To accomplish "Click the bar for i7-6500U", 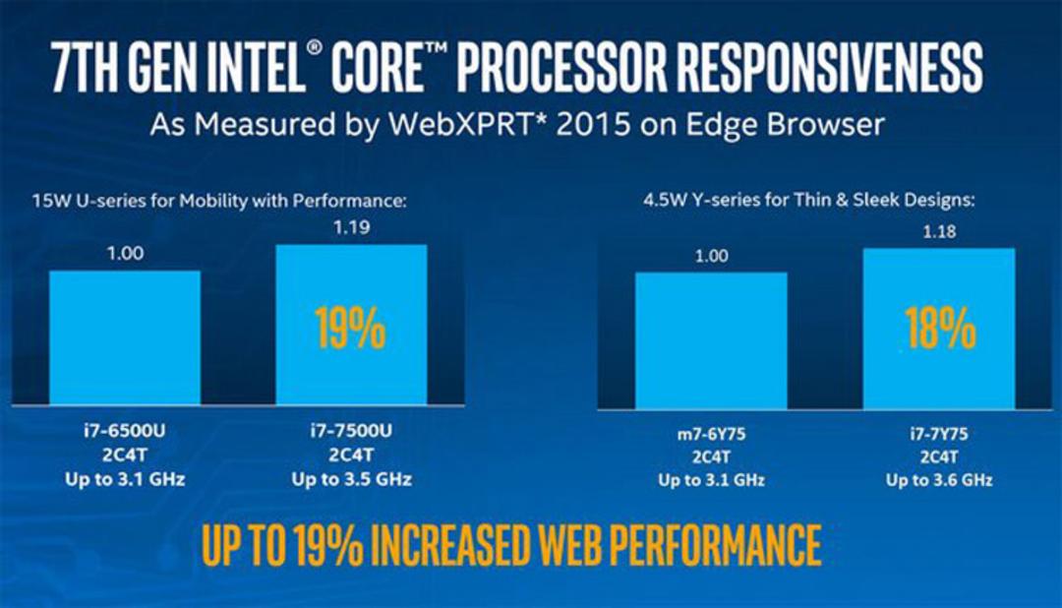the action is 125,337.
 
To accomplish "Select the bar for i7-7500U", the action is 351,325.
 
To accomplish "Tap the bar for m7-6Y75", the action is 711,341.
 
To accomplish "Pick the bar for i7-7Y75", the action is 939,329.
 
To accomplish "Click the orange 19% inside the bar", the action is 350,328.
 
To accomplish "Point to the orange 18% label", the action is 940,328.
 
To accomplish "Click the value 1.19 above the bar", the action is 351,227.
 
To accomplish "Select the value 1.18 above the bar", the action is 939,232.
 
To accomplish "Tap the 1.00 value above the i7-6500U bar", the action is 125,254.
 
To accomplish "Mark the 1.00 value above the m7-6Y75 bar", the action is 711,256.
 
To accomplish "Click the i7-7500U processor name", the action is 351,430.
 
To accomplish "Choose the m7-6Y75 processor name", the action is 711,434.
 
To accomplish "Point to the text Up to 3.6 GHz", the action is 939,480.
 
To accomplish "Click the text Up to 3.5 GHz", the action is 351,479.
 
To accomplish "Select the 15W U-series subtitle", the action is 219,201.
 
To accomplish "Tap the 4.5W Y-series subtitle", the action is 808,200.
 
